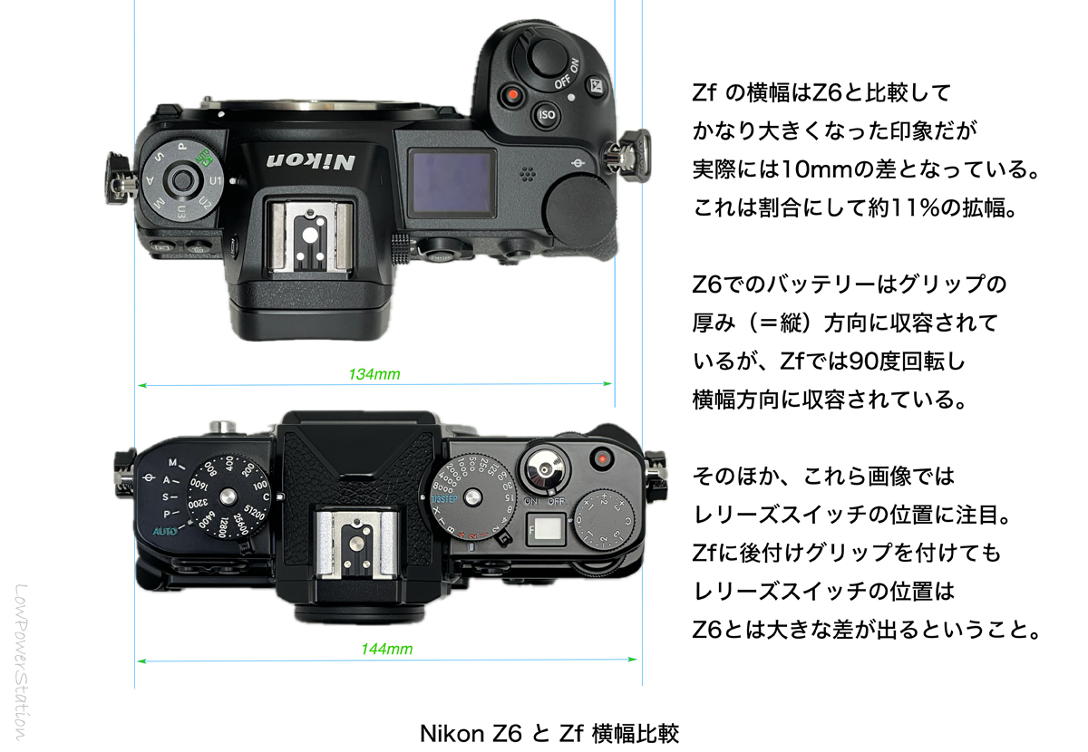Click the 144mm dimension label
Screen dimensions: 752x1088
[x=387, y=649]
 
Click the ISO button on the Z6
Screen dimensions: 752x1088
[x=547, y=115]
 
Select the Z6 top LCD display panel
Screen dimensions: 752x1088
[x=451, y=183]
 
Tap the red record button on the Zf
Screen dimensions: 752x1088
[x=600, y=460]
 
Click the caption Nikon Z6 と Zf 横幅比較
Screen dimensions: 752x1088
[x=549, y=731]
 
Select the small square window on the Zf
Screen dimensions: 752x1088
[x=544, y=525]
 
